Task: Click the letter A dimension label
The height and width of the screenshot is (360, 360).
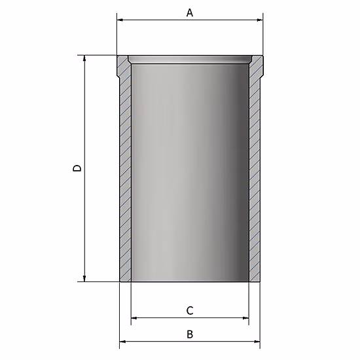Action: coord(190,12)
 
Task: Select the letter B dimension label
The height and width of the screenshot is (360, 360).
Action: coord(190,334)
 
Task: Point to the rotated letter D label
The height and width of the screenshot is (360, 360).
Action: coord(77,168)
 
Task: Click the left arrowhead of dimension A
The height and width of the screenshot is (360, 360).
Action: coord(120,20)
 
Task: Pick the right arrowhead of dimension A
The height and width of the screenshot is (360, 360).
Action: coord(259,20)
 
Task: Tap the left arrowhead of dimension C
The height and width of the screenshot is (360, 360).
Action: coord(134,318)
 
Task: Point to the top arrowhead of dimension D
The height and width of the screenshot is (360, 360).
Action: coord(84,60)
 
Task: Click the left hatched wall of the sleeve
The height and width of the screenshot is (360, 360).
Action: coord(125,177)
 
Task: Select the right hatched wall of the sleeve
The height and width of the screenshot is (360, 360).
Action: coord(255,177)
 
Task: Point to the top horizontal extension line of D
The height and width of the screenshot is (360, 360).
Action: coord(98,56)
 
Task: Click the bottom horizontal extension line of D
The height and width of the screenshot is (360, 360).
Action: coord(98,281)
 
